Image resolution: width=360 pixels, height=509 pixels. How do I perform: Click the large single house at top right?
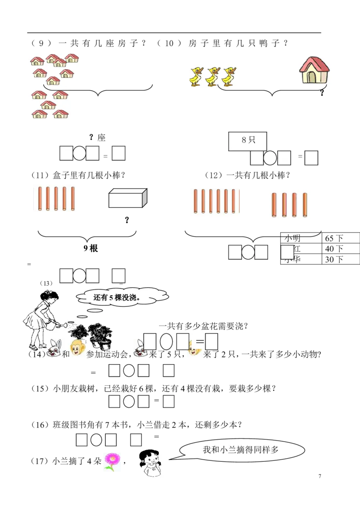[x=315, y=69]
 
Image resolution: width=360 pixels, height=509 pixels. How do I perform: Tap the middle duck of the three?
[x=212, y=76]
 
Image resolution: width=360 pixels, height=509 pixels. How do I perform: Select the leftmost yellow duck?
[x=196, y=76]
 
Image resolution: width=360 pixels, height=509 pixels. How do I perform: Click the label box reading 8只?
[x=247, y=140]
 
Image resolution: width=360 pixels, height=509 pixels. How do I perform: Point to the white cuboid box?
[x=127, y=198]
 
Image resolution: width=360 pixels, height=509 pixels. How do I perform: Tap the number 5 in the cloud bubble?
[x=111, y=297]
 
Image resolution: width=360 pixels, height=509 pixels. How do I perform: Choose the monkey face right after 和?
[x=78, y=350]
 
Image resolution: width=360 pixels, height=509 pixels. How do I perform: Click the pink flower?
[x=111, y=461]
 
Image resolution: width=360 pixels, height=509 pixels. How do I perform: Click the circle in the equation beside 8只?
[x=270, y=158]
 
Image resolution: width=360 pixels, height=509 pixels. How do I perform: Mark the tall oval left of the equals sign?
[x=166, y=342]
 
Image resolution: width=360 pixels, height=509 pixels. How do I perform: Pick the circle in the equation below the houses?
[x=79, y=153]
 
